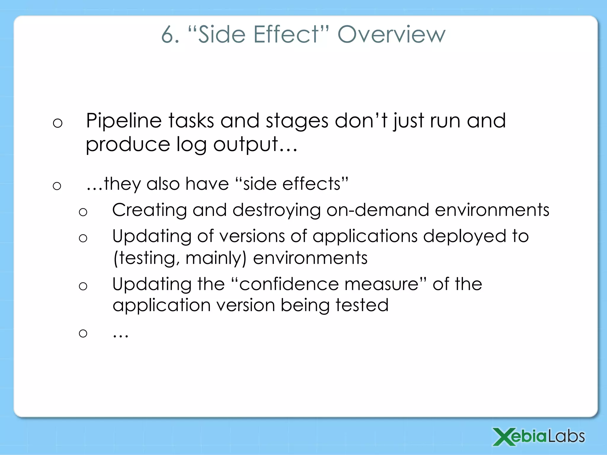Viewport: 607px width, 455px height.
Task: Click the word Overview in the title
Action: pyautogui.click(x=391, y=35)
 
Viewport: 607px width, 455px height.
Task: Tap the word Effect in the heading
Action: pyautogui.click(x=286, y=35)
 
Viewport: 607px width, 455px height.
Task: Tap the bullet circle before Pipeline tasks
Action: pyautogui.click(x=57, y=123)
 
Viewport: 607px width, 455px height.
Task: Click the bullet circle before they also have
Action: pyautogui.click(x=57, y=186)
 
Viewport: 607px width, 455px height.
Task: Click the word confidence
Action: pyautogui.click(x=289, y=284)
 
